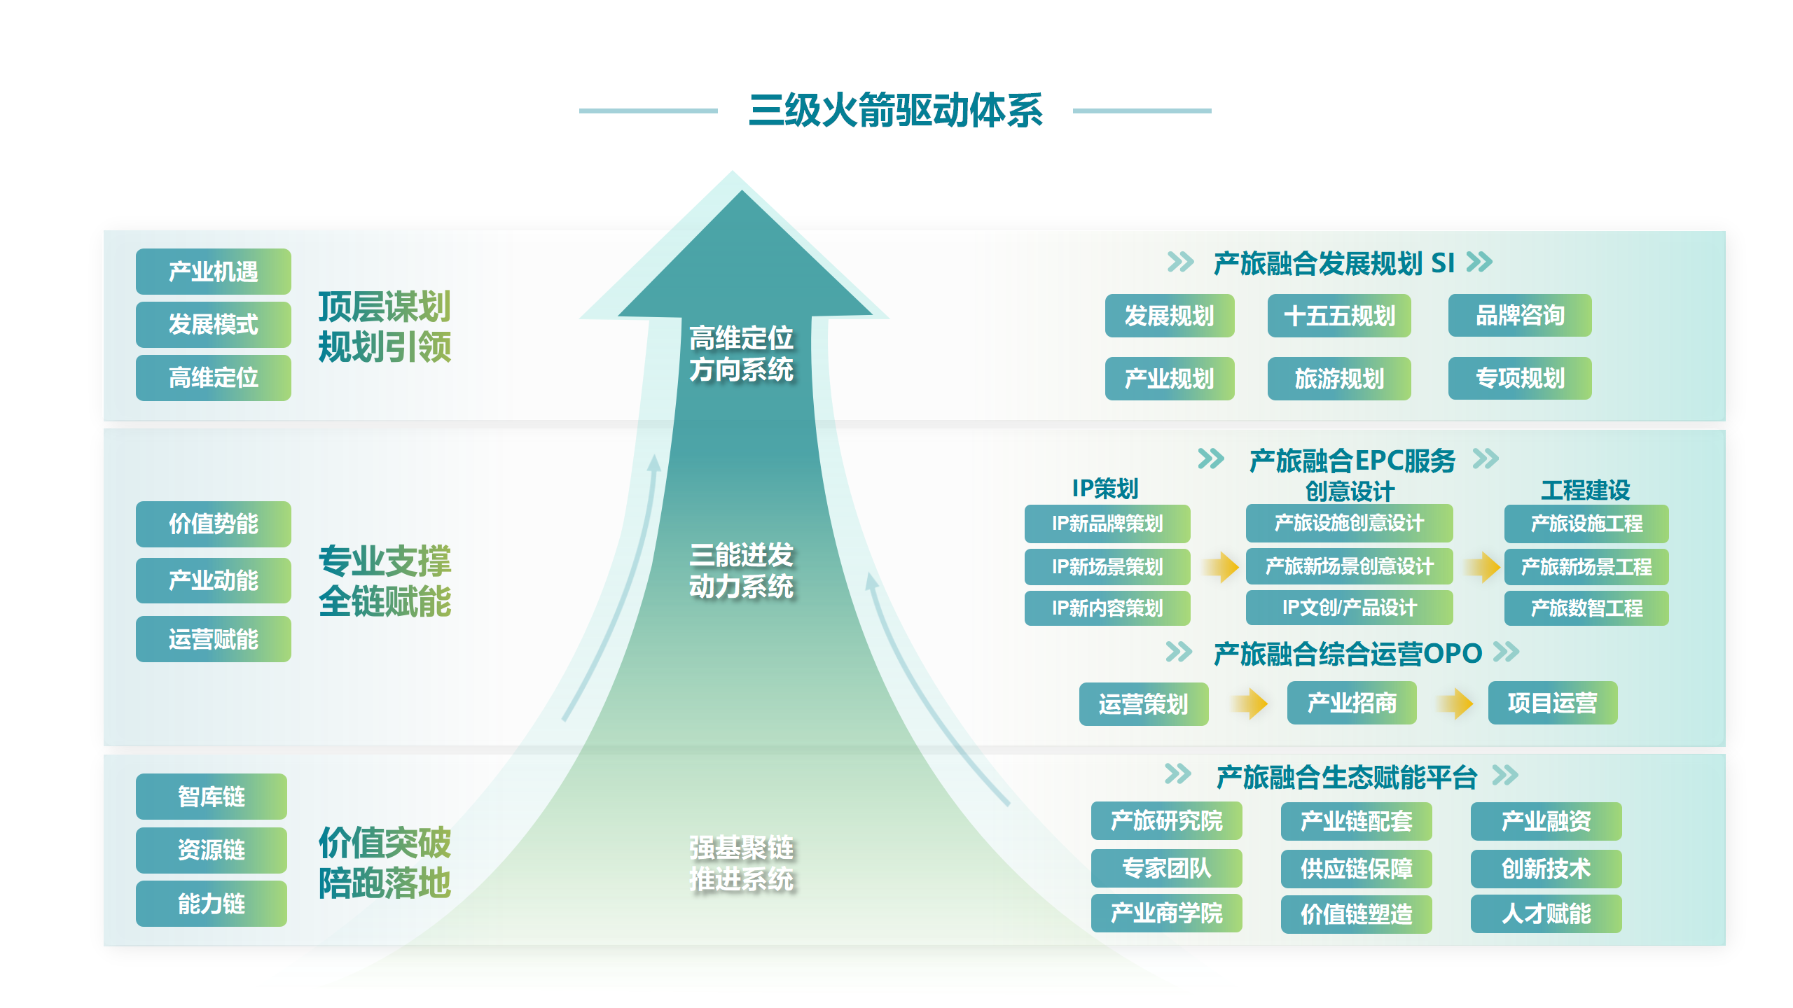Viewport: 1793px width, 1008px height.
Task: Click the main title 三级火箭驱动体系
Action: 895,111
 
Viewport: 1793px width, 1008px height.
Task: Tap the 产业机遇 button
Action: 213,272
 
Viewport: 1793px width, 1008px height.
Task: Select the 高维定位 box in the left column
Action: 213,378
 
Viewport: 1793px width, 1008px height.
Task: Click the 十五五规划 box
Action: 1338,316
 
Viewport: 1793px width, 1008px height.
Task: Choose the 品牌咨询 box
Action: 1519,316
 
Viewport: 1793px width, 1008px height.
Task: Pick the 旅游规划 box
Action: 1338,379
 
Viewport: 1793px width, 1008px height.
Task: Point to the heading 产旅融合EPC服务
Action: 1352,461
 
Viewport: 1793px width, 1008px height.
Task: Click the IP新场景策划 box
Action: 1107,566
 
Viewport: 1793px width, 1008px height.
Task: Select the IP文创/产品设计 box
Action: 1348,608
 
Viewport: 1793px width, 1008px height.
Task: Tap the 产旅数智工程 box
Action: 1586,608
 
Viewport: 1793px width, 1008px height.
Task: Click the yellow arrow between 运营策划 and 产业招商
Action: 1249,703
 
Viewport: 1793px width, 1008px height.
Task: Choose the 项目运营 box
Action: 1552,703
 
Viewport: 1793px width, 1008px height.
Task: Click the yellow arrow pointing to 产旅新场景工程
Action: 1482,566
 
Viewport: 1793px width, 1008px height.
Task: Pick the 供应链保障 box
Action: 1355,869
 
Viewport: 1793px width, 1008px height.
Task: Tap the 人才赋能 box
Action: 1546,913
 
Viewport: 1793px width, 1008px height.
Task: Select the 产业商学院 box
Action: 1166,913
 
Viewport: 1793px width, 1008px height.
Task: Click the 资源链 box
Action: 211,850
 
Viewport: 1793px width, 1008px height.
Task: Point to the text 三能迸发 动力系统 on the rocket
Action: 741,570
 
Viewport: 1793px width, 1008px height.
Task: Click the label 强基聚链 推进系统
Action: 741,863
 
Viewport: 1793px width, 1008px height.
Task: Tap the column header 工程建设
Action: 1585,490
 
